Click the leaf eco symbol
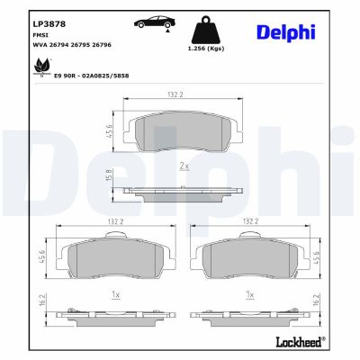tap(41, 67)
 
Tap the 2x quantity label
tap(184, 166)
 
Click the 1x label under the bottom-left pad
tap(114, 293)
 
